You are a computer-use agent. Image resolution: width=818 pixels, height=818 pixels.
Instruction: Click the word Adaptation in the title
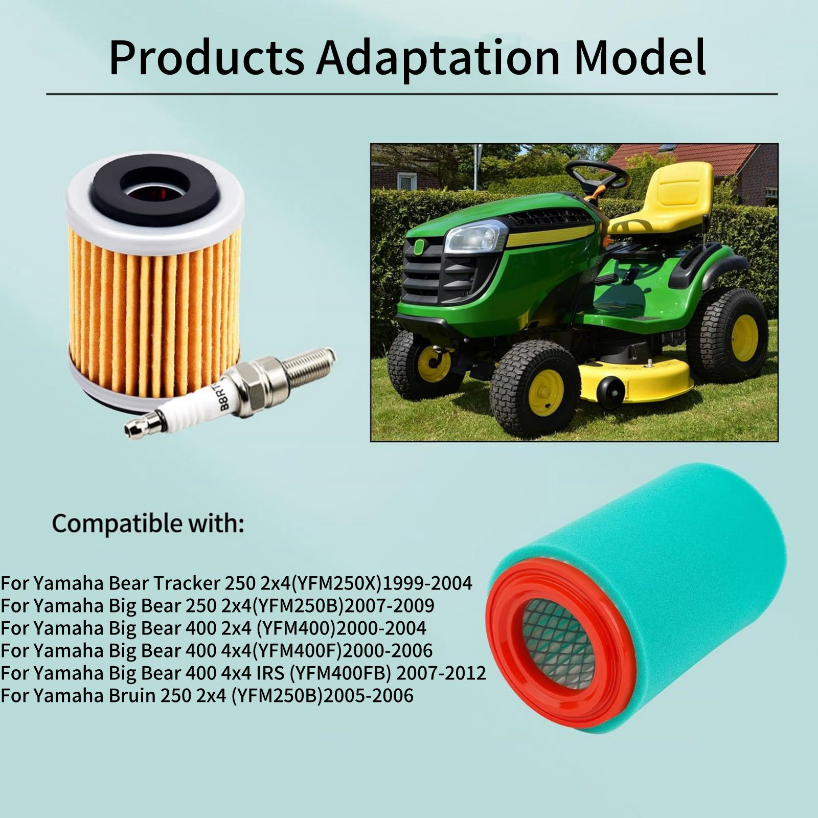pos(438,57)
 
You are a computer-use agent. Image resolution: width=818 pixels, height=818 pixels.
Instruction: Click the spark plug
pos(230,392)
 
